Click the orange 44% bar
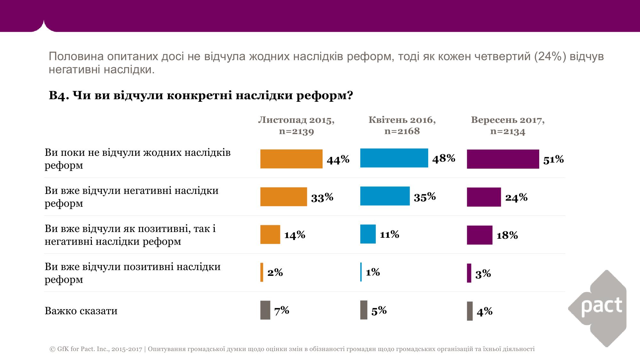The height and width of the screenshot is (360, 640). (x=291, y=159)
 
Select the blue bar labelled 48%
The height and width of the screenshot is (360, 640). (x=394, y=158)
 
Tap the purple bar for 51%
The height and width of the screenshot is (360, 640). (x=503, y=159)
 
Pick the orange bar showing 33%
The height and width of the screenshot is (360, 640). (x=284, y=196)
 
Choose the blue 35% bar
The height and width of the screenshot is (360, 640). (x=385, y=196)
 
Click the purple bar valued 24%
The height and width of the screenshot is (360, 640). (x=484, y=197)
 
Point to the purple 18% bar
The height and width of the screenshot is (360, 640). (x=479, y=235)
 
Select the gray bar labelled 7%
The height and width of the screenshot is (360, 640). (x=265, y=310)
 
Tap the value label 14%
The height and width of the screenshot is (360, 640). (x=295, y=235)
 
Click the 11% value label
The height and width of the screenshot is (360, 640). (x=389, y=234)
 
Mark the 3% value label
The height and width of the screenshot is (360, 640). (x=483, y=274)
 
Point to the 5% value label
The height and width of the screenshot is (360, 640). (x=379, y=310)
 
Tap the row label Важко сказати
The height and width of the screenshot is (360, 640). (x=81, y=311)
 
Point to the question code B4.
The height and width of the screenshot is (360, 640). (x=59, y=95)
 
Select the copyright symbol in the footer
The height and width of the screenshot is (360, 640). (x=52, y=349)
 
